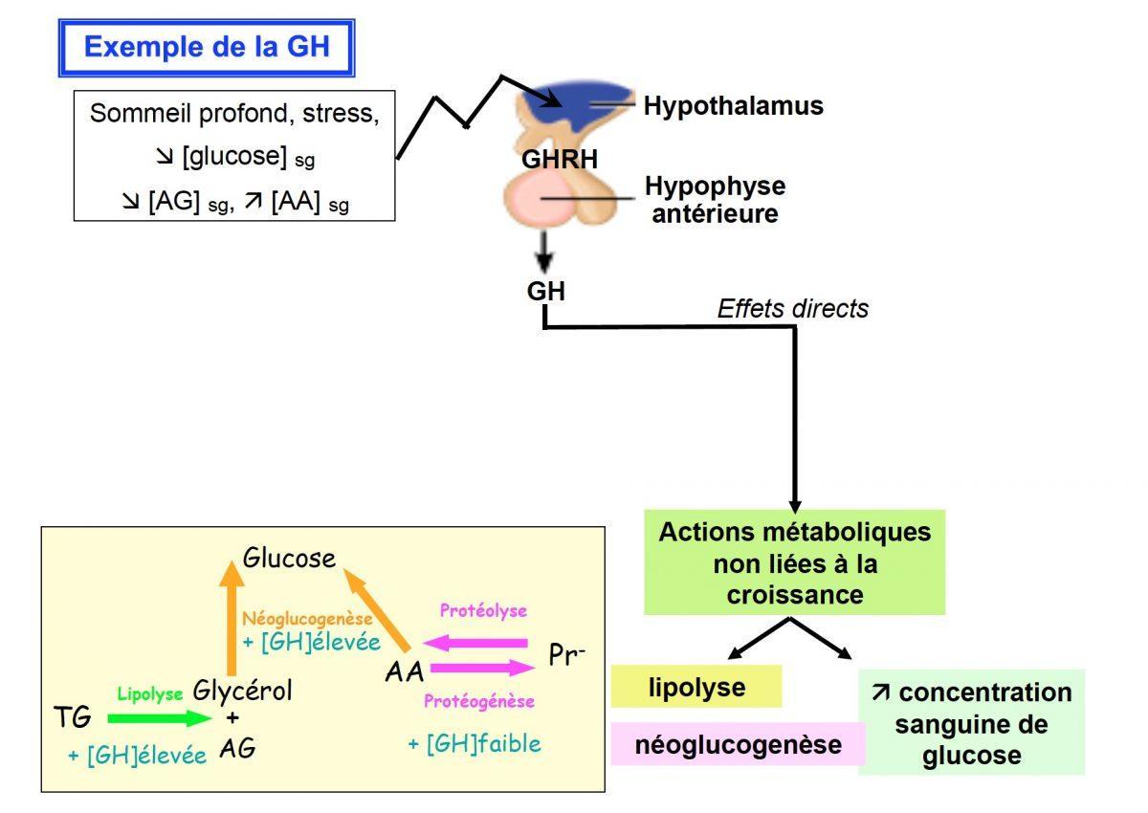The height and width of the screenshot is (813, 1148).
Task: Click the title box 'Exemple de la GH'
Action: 207,47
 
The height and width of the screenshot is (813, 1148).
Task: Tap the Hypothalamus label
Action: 733,105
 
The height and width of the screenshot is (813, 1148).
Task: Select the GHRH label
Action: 560,159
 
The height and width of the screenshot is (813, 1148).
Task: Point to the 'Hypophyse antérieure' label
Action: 715,199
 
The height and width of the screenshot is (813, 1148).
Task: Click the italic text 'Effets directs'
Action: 793,308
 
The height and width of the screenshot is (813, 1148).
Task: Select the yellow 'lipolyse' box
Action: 696,687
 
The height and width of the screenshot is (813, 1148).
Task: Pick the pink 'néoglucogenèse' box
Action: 737,744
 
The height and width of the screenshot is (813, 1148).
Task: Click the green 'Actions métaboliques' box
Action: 794,562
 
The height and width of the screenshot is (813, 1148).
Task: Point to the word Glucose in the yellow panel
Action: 289,558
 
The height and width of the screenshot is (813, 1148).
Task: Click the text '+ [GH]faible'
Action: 474,743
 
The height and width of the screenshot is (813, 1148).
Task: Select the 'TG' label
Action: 74,716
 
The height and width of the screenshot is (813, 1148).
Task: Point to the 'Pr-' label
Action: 567,654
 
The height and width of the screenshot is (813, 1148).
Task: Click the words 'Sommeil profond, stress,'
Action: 234,114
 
